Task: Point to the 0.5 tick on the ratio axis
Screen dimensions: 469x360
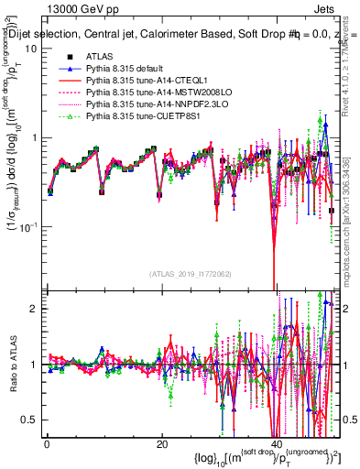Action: click(x=27, y=420)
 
